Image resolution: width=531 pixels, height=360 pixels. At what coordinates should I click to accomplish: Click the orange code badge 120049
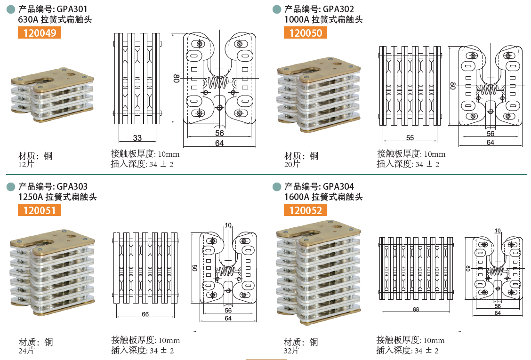[40, 33]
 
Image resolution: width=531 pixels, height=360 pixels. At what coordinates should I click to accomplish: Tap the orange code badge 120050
[306, 33]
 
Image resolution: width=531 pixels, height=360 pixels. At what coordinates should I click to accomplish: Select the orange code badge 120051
[40, 210]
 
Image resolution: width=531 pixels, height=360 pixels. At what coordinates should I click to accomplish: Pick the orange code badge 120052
[306, 210]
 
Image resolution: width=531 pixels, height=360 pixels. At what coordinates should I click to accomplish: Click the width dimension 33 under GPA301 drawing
[137, 138]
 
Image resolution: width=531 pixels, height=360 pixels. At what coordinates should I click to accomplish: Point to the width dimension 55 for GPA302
[410, 137]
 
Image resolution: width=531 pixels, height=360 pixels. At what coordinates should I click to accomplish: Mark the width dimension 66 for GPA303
[145, 314]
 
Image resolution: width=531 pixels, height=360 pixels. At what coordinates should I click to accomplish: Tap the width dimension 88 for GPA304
[416, 309]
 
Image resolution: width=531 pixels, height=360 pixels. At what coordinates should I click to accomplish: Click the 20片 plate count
[292, 164]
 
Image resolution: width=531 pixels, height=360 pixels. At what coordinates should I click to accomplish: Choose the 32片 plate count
[292, 351]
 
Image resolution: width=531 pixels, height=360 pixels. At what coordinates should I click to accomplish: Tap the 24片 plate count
[26, 350]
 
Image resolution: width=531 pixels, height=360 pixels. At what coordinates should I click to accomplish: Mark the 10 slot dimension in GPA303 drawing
[228, 225]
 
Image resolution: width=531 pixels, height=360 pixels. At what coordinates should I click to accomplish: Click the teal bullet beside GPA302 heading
[277, 9]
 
